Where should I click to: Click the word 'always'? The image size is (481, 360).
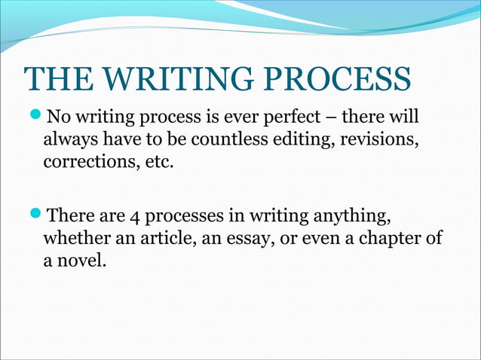[x=69, y=139]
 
